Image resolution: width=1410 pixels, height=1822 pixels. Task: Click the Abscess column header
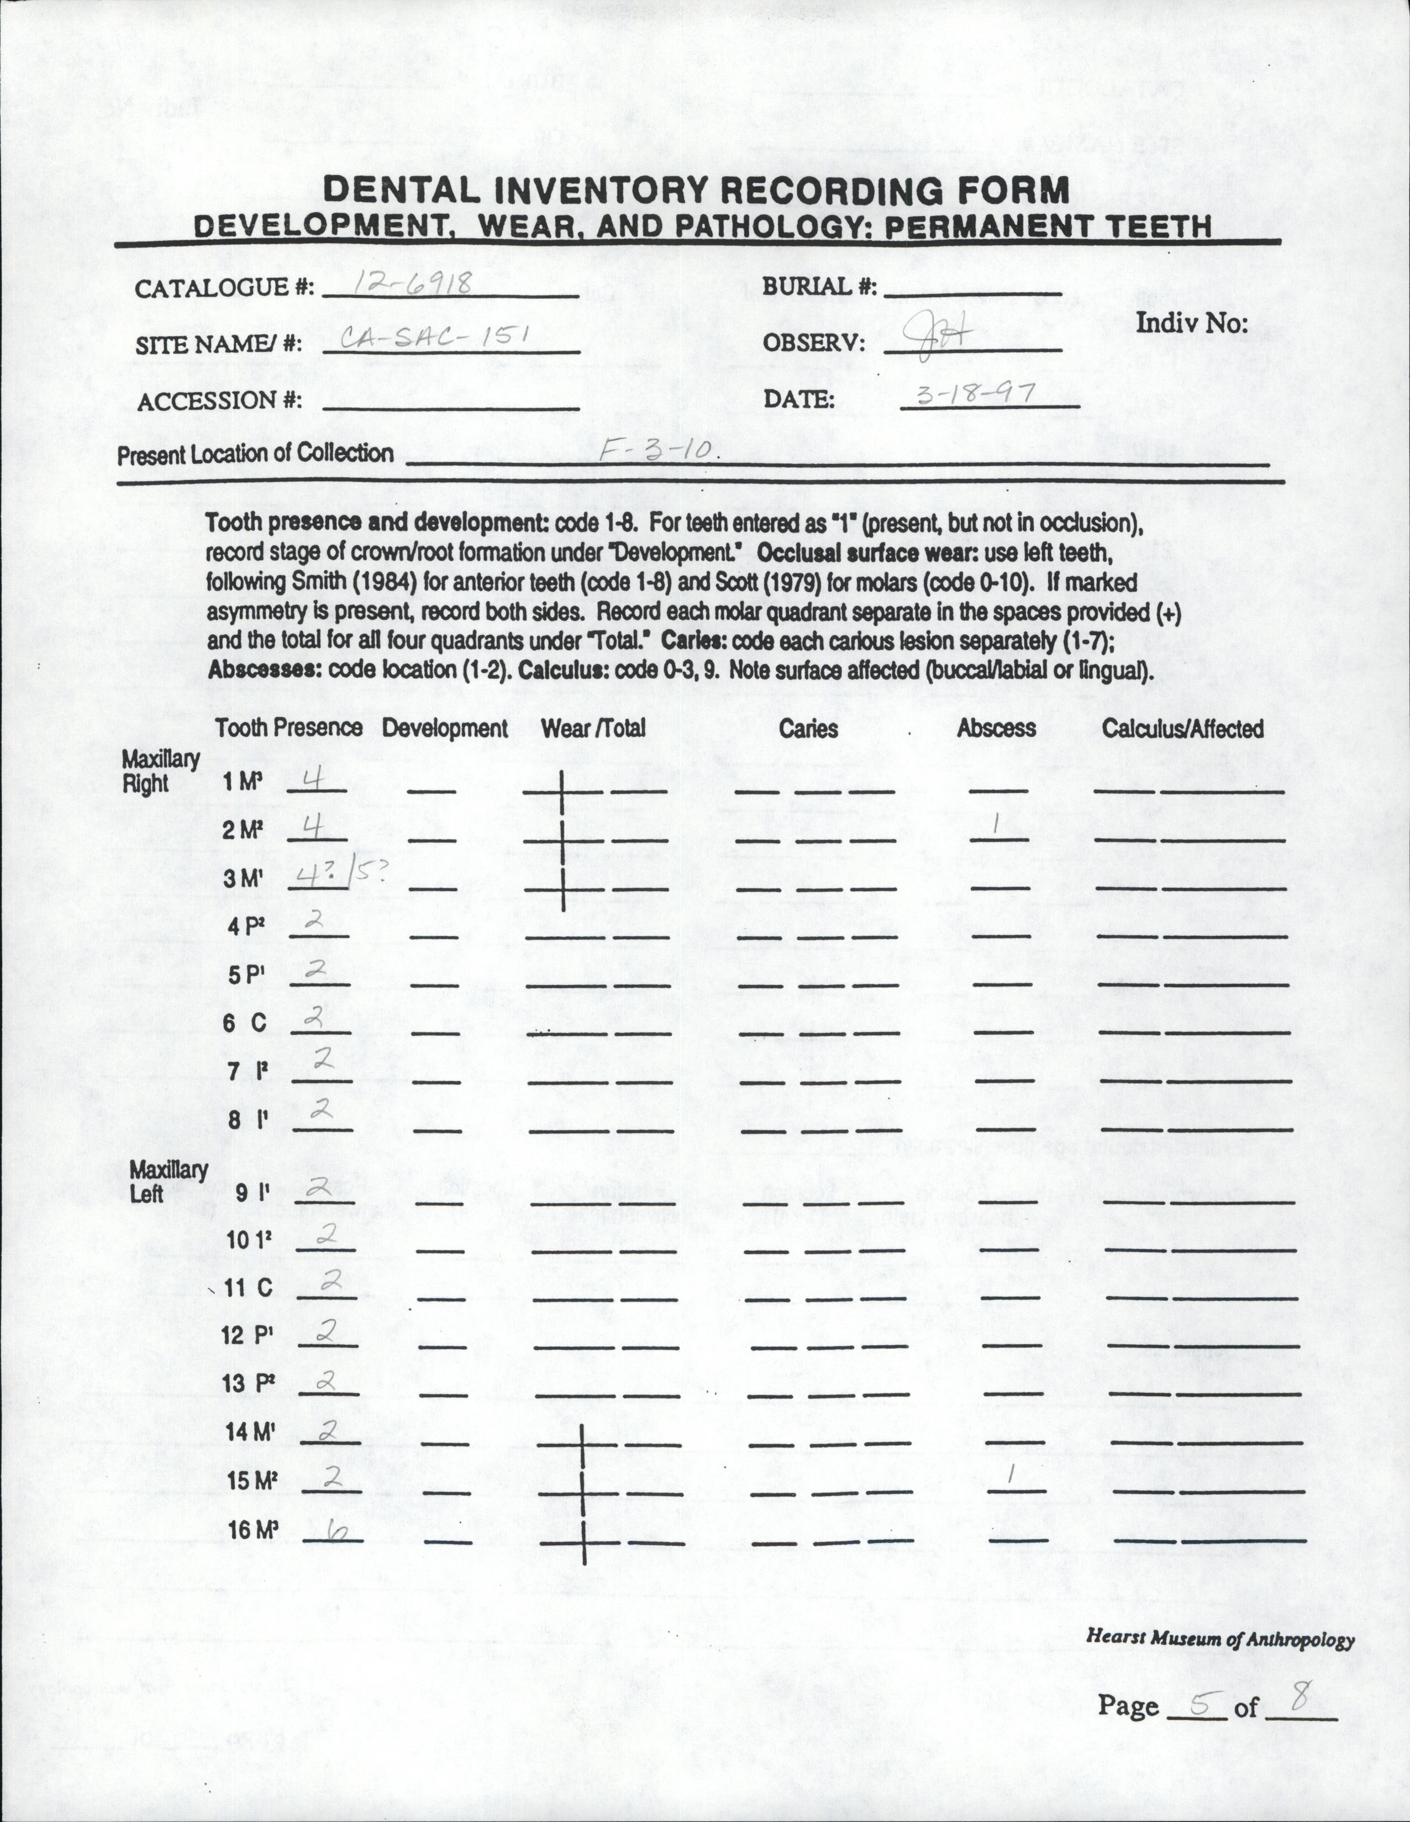coord(996,728)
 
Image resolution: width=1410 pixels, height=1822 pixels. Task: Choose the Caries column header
coord(808,728)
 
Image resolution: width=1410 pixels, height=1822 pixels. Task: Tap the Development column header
coord(445,728)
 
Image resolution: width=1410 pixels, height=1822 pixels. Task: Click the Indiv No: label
coord(1191,324)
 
